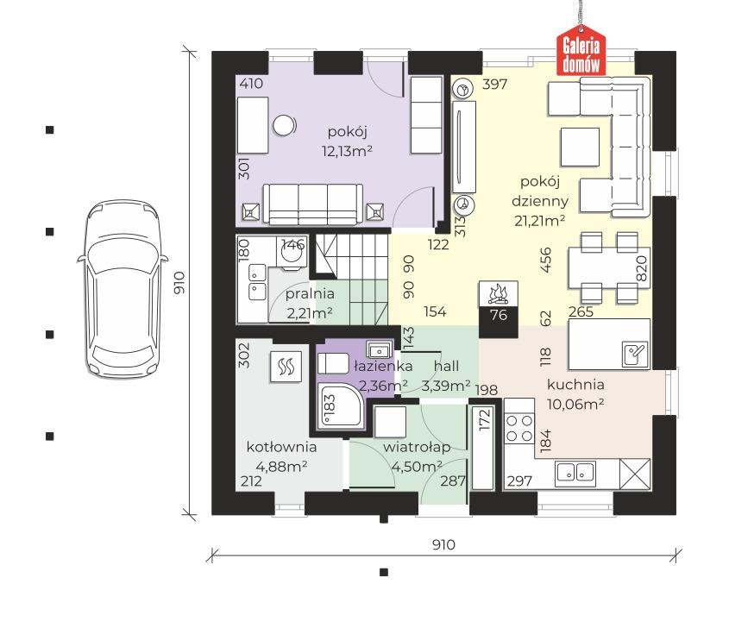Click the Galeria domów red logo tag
[581, 53]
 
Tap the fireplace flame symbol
[498, 293]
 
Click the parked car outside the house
[123, 289]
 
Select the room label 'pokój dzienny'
[540, 191]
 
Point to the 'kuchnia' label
[575, 385]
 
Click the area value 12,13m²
[347, 151]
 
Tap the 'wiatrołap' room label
[417, 447]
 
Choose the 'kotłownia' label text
[281, 447]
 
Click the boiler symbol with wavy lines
[286, 367]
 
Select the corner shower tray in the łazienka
[339, 405]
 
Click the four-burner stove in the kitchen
[519, 428]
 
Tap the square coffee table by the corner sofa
[579, 147]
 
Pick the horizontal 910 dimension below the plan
[443, 544]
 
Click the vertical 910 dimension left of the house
[179, 283]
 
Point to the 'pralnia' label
[310, 294]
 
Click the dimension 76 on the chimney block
[499, 315]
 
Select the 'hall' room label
[446, 367]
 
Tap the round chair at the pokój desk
[284, 125]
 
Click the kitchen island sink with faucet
[635, 354]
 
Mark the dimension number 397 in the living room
[494, 85]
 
